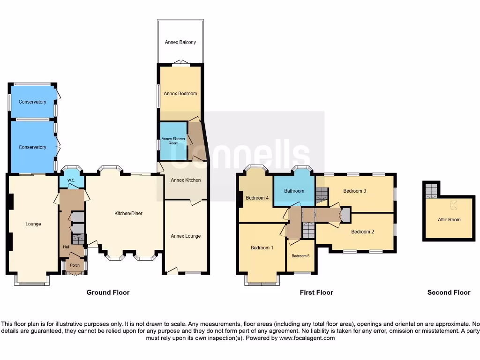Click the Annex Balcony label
180,42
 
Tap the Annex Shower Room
173,141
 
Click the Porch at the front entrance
75,265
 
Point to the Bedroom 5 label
300,256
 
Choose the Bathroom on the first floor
294,191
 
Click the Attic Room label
449,219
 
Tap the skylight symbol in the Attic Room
453,205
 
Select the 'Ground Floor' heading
108,292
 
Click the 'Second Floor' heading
449,292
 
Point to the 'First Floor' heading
316,292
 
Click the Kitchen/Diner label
128,213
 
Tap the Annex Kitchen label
186,180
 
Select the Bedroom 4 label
257,198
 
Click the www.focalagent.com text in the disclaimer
307,338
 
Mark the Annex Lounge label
186,236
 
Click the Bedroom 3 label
354,191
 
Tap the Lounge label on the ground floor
33,224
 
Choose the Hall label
66,247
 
